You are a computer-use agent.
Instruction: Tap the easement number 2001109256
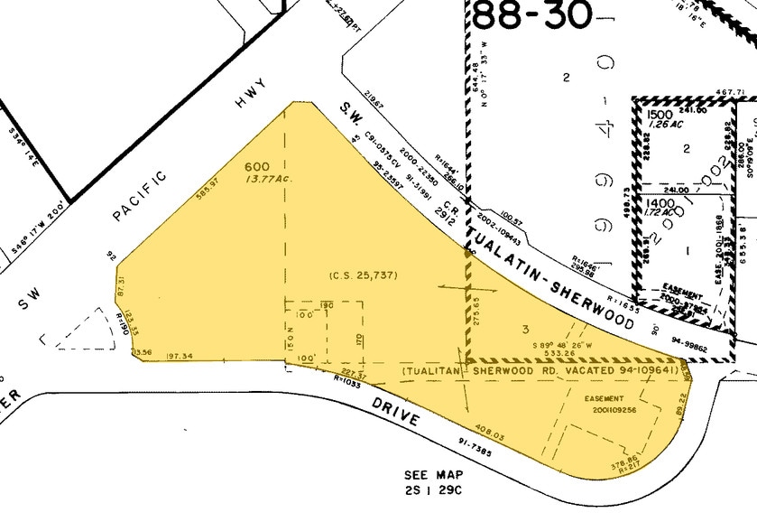click(609, 409)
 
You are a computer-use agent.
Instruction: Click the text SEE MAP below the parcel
click(434, 475)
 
